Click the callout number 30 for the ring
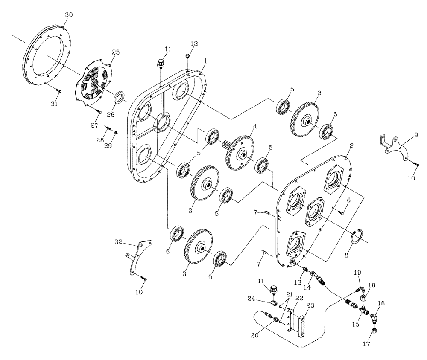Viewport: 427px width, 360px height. click(x=69, y=15)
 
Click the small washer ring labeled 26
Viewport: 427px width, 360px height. click(x=120, y=96)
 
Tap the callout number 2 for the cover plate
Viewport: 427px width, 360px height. click(x=351, y=146)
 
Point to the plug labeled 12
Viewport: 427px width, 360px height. click(x=187, y=55)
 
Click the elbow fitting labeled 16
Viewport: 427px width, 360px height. click(x=374, y=318)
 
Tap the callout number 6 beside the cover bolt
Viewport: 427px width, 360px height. click(x=348, y=200)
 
